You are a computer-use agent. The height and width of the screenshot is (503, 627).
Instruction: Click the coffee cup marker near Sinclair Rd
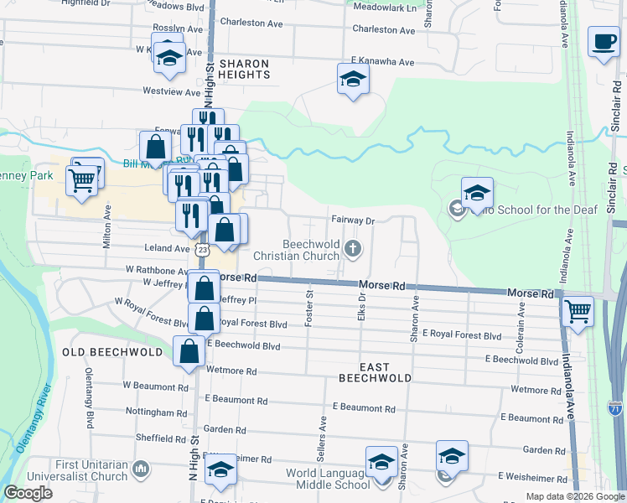point(604,42)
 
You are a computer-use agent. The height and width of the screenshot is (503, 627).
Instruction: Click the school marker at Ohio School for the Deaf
point(477,194)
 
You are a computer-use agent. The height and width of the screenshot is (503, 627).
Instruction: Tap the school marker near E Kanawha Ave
point(353,80)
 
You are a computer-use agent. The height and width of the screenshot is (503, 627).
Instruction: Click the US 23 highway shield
point(202,250)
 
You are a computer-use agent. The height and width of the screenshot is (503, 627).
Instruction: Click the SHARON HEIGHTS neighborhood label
point(244,69)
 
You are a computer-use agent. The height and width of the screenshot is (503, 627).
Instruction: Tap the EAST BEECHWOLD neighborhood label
point(375,372)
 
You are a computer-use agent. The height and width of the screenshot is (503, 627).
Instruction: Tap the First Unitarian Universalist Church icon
point(140,468)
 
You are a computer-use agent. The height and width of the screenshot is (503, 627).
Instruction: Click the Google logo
point(28,494)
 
